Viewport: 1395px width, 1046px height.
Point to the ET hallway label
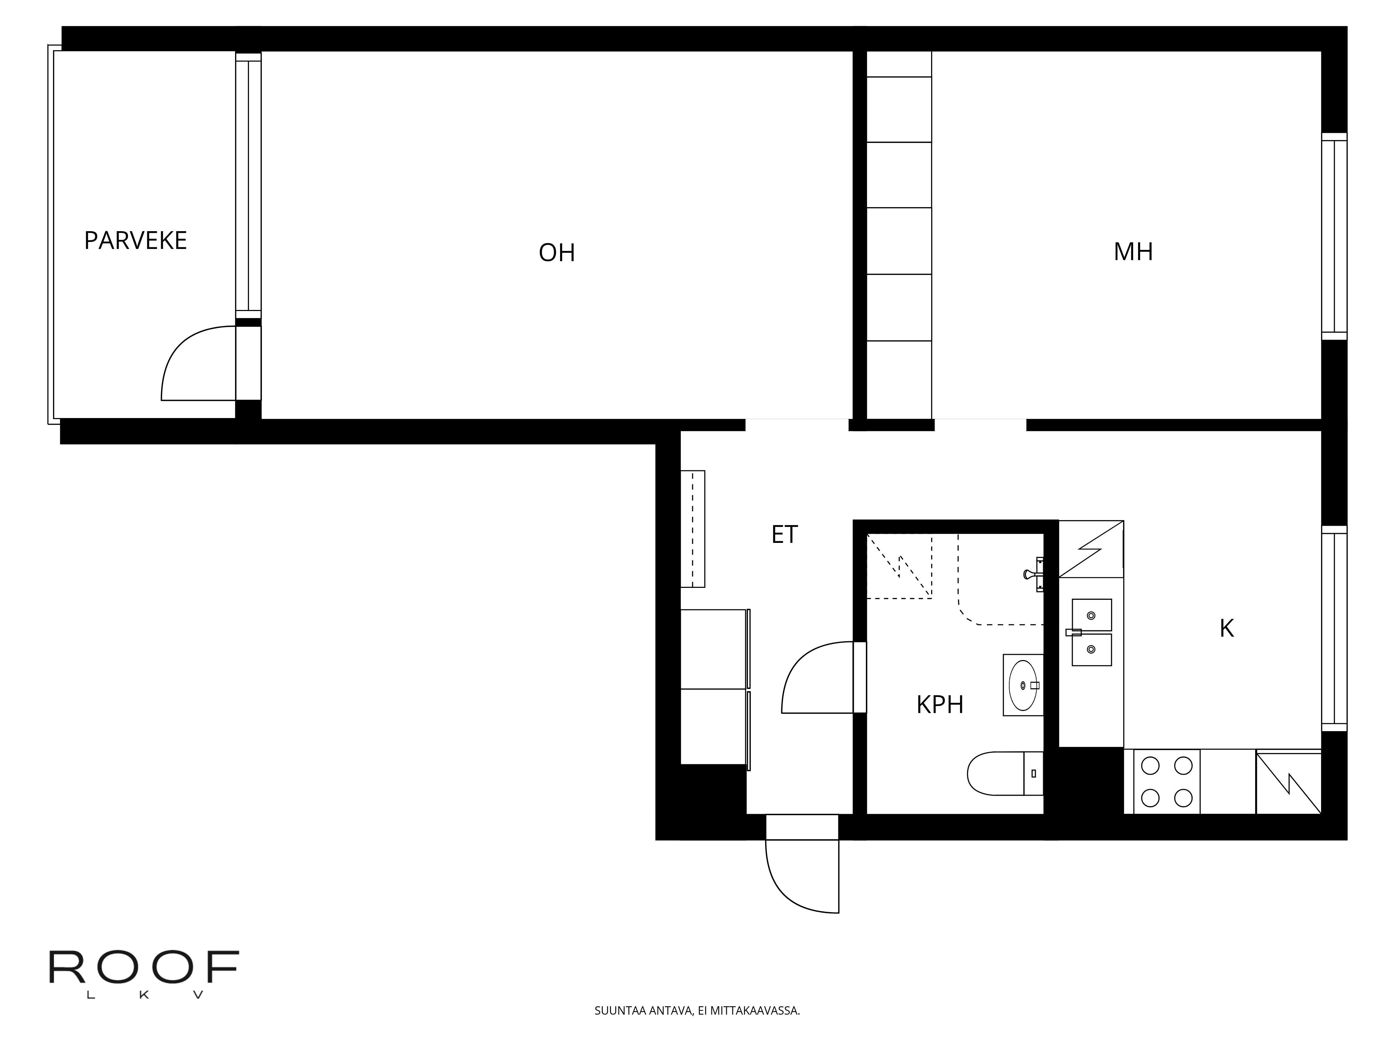785,535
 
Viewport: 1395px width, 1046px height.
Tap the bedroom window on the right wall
1334,236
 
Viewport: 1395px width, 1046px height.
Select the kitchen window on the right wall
1334,629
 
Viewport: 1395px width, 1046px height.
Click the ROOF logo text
144,968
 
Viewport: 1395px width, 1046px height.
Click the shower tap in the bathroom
1034,574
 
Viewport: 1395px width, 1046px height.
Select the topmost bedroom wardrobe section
899,64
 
